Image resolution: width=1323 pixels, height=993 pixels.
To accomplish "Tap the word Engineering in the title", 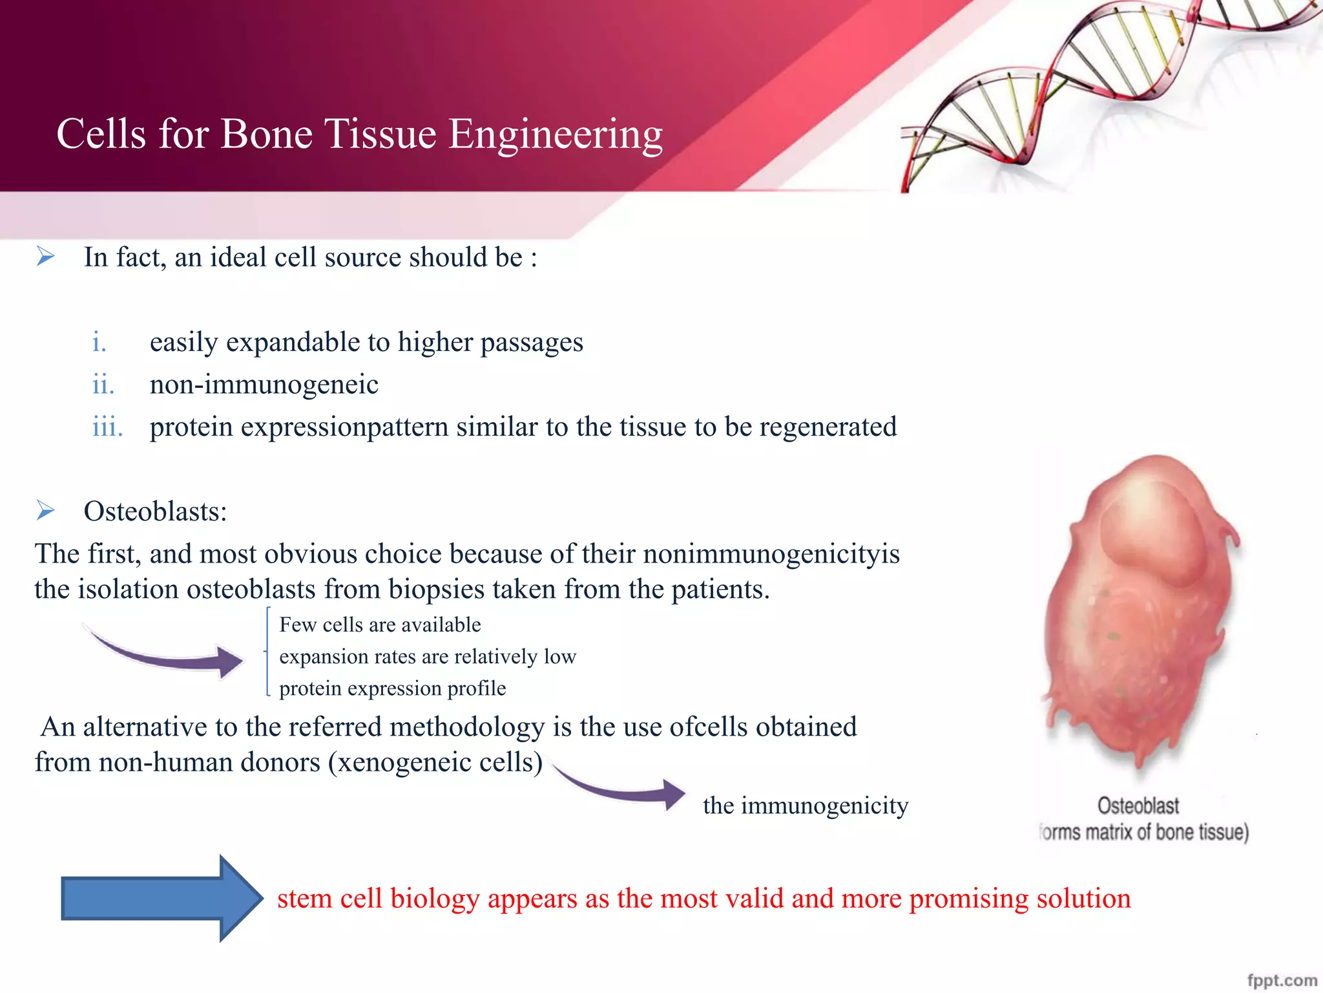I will [x=555, y=134].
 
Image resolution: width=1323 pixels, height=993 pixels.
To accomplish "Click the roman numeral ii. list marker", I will [x=103, y=385].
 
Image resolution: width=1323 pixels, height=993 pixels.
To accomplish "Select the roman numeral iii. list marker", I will [x=107, y=427].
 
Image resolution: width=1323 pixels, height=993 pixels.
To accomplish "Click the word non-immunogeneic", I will [x=264, y=385].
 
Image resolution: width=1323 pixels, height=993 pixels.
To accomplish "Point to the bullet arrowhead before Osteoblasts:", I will [x=45, y=511].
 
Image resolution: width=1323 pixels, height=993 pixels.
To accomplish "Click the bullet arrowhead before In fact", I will [x=45, y=257].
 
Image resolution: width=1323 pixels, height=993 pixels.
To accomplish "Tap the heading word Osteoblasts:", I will [x=155, y=511].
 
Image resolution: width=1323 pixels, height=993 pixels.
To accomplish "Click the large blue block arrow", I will [x=161, y=898].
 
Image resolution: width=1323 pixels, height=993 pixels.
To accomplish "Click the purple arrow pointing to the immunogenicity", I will [x=620, y=789].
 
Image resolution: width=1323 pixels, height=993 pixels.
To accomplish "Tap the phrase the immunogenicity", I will [x=806, y=806].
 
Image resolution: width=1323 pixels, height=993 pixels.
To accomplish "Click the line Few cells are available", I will [x=380, y=625].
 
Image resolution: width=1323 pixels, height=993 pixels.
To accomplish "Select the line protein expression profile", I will [x=392, y=688].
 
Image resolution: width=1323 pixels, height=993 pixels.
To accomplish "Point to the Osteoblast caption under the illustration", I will [x=1138, y=806].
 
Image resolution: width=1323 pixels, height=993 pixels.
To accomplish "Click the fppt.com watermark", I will [x=1282, y=980].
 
